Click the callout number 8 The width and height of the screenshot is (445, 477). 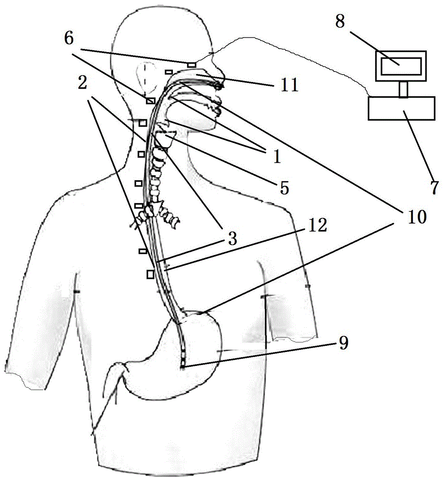click(340, 21)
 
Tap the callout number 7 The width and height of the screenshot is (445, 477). click(434, 187)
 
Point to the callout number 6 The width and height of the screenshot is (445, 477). click(69, 38)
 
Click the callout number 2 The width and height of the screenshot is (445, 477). click(82, 83)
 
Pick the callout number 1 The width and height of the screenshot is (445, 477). click(276, 157)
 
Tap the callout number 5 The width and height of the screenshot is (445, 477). click(284, 188)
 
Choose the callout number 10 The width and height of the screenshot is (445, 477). click(417, 217)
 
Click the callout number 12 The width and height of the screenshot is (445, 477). click(318, 225)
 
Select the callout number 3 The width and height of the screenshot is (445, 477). click(233, 239)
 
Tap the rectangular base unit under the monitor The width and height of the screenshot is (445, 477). click(402, 108)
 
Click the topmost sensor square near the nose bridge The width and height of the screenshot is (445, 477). click(191, 64)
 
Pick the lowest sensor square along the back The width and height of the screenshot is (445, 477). click(150, 274)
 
